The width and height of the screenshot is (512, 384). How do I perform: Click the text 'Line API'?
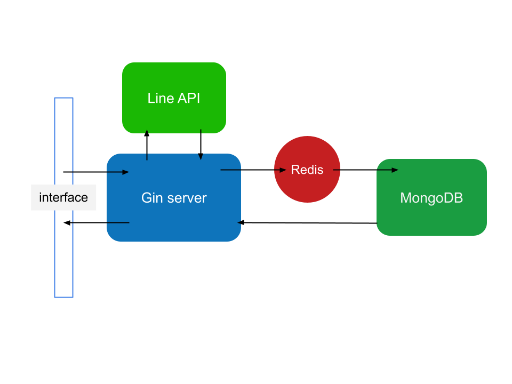[174, 98]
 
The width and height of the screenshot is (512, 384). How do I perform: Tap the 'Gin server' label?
[174, 198]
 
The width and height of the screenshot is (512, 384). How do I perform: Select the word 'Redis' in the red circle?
[307, 170]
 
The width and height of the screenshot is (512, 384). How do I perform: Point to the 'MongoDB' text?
[431, 198]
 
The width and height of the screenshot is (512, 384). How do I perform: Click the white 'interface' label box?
[63, 197]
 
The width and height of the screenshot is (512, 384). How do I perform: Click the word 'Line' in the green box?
[161, 98]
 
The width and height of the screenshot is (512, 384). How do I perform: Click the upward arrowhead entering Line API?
[147, 131]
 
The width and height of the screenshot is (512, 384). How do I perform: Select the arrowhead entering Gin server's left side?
[126, 172]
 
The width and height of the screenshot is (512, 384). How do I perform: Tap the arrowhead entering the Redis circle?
[284, 170]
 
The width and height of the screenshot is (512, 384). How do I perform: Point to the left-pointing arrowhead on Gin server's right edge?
[240, 222]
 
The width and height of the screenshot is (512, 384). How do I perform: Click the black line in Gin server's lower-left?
[117, 222]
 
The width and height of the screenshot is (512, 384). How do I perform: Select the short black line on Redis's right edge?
[337, 170]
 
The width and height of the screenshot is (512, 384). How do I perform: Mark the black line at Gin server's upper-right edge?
[231, 170]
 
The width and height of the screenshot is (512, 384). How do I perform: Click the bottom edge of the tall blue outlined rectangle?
[63, 297]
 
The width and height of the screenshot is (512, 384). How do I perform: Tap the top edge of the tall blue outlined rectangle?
[63, 98]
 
